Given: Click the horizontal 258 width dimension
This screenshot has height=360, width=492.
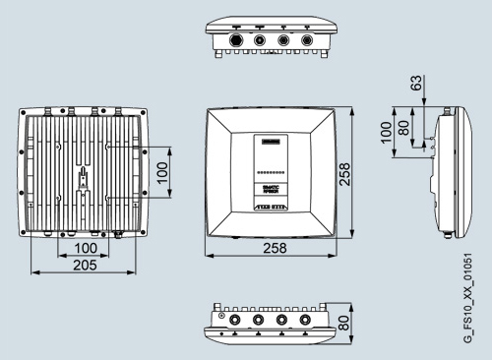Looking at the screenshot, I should coord(276,249).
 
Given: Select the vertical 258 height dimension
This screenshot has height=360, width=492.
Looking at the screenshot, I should coord(343,172).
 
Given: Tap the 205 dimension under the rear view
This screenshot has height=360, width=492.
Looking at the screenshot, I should coord(84,266).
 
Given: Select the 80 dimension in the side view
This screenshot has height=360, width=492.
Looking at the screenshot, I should coord(403,129).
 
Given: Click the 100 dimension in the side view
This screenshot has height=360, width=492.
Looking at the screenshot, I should coord(387,129).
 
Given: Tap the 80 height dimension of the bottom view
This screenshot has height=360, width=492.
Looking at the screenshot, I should coord(343,322).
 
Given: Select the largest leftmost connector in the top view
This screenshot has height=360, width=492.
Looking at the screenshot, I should coord(237,41).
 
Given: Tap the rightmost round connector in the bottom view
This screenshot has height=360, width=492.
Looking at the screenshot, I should coord(306,321).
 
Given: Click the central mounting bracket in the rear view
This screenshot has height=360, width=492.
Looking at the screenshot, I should coord(83,177).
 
